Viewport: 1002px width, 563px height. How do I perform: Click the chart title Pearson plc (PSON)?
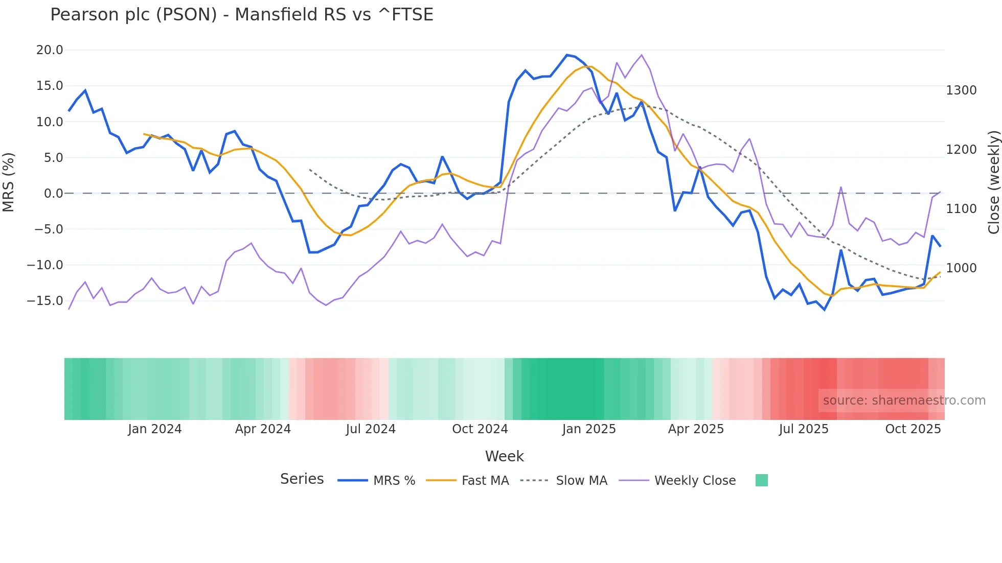pyautogui.click(x=241, y=14)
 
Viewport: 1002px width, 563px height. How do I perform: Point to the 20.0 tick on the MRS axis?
pyautogui.click(x=50, y=50)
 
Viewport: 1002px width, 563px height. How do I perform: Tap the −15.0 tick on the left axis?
pyautogui.click(x=45, y=301)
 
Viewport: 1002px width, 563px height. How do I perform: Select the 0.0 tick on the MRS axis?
pyautogui.click(x=53, y=194)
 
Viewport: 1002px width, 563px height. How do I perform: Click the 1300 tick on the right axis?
pyautogui.click(x=961, y=90)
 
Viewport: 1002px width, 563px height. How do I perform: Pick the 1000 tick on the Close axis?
pyautogui.click(x=961, y=268)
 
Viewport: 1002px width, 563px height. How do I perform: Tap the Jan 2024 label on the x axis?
pyautogui.click(x=154, y=429)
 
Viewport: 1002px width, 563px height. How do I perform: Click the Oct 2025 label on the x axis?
pyautogui.click(x=913, y=429)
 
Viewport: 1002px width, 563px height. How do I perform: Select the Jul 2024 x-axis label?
pyautogui.click(x=371, y=429)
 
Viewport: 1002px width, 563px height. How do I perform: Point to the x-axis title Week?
pyautogui.click(x=504, y=456)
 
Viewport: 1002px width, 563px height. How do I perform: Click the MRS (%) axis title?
pyautogui.click(x=9, y=182)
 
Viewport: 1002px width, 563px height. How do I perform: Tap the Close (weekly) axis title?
pyautogui.click(x=993, y=182)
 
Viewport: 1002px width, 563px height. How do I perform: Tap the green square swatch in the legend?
pyautogui.click(x=761, y=480)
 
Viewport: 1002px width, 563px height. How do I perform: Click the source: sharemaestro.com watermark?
pyautogui.click(x=904, y=401)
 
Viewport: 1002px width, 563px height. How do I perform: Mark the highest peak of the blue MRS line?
pyautogui.click(x=567, y=55)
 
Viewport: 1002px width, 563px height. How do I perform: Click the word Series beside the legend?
pyautogui.click(x=302, y=479)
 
